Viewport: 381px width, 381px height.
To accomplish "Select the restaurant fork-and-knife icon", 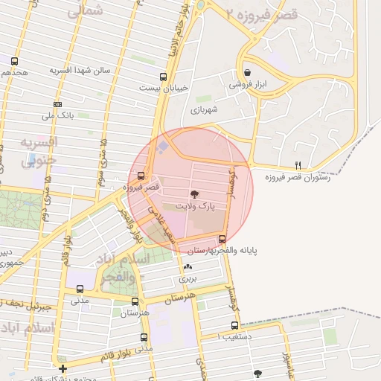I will point(298,165).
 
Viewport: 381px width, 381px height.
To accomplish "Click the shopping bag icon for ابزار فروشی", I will point(247,73).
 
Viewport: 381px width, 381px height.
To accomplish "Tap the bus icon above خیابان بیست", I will point(164,76).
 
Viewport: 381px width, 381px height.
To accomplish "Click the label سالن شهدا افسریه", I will point(80,70).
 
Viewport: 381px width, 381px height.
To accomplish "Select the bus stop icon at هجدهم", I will point(15,60).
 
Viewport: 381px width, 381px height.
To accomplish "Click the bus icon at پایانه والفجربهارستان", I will point(222,239).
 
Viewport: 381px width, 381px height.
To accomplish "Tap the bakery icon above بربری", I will point(187,266).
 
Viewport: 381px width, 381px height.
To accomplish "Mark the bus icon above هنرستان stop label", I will point(135,301).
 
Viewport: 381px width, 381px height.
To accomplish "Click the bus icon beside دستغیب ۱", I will point(235,325).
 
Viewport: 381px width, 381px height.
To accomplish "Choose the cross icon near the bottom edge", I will point(63,368).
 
